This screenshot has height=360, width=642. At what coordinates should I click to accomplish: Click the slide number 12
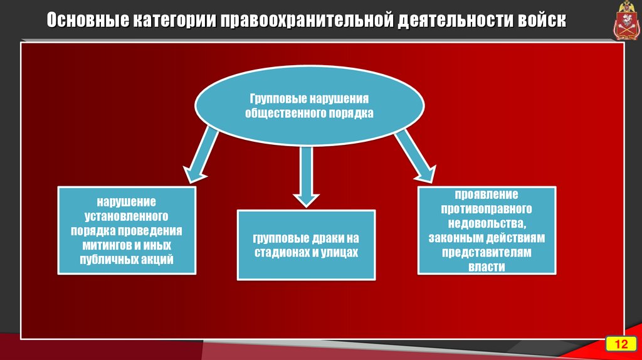click(x=621, y=344)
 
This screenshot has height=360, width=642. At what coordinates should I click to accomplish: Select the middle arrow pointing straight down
click(x=306, y=176)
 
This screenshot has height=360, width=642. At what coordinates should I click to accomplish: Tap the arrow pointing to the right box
click(x=416, y=156)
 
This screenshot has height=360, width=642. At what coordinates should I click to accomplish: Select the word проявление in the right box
click(x=487, y=194)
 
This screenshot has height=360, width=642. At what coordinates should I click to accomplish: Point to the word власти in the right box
click(x=487, y=267)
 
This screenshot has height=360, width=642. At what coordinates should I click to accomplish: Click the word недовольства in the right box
click(x=487, y=223)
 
